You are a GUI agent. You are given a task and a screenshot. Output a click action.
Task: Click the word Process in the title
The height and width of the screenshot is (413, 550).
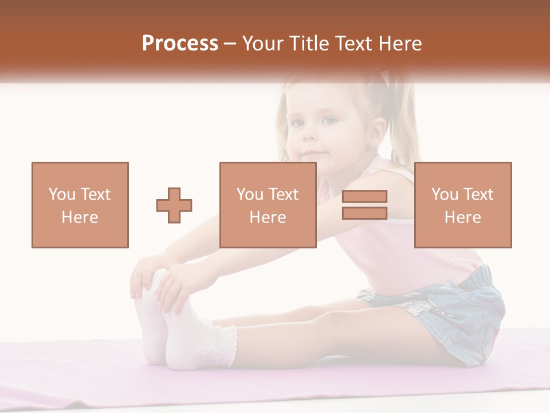pyautogui.click(x=180, y=44)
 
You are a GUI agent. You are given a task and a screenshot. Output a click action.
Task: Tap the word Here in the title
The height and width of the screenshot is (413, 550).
pyautogui.click(x=398, y=44)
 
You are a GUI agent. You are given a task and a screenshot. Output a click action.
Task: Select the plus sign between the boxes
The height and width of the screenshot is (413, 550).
pyautogui.click(x=174, y=205)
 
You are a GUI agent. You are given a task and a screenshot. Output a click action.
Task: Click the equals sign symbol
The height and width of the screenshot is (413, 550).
pyautogui.click(x=364, y=205)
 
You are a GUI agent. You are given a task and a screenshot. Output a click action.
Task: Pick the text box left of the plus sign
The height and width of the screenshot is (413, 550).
pyautogui.click(x=80, y=205)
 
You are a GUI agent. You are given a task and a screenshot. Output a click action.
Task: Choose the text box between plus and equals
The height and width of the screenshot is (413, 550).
pyautogui.click(x=268, y=205)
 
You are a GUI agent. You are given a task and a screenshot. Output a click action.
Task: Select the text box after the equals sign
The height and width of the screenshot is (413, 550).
pyautogui.click(x=463, y=205)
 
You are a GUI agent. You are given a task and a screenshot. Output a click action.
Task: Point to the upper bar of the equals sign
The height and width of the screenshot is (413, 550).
pyautogui.click(x=364, y=197)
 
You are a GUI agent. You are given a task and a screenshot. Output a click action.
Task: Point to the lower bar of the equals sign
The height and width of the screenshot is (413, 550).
pyautogui.click(x=364, y=213)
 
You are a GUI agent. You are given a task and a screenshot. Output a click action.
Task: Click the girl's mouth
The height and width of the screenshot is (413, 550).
pyautogui.click(x=312, y=154)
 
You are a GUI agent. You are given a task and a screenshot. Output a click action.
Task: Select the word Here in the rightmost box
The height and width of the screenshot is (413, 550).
pyautogui.click(x=463, y=217)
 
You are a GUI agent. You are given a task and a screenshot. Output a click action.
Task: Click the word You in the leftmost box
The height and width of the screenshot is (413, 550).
pyautogui.click(x=61, y=194)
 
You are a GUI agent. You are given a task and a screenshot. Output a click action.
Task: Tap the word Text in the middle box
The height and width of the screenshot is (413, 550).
pyautogui.click(x=283, y=194)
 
